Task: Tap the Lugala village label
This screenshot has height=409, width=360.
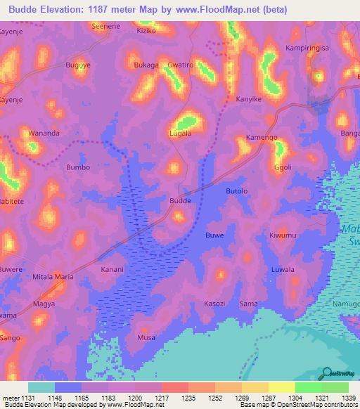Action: tap(181, 132)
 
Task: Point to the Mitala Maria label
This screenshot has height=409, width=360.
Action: tap(53, 277)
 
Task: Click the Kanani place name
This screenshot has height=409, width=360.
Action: tap(112, 269)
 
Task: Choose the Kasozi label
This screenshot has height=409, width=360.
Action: tap(214, 303)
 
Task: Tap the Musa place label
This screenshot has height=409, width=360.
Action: tap(146, 338)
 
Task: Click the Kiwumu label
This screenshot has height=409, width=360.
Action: tap(283, 235)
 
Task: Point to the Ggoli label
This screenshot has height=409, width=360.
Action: tap(283, 168)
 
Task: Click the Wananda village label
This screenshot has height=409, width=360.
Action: tap(44, 133)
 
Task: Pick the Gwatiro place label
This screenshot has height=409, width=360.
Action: tap(180, 65)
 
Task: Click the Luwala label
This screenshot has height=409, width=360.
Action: tap(283, 269)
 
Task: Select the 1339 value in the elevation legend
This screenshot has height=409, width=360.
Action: tap(335, 397)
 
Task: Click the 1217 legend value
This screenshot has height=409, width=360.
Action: tap(174, 397)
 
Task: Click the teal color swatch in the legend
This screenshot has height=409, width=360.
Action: tap(41, 387)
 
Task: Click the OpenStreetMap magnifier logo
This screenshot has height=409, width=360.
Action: tap(326, 373)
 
